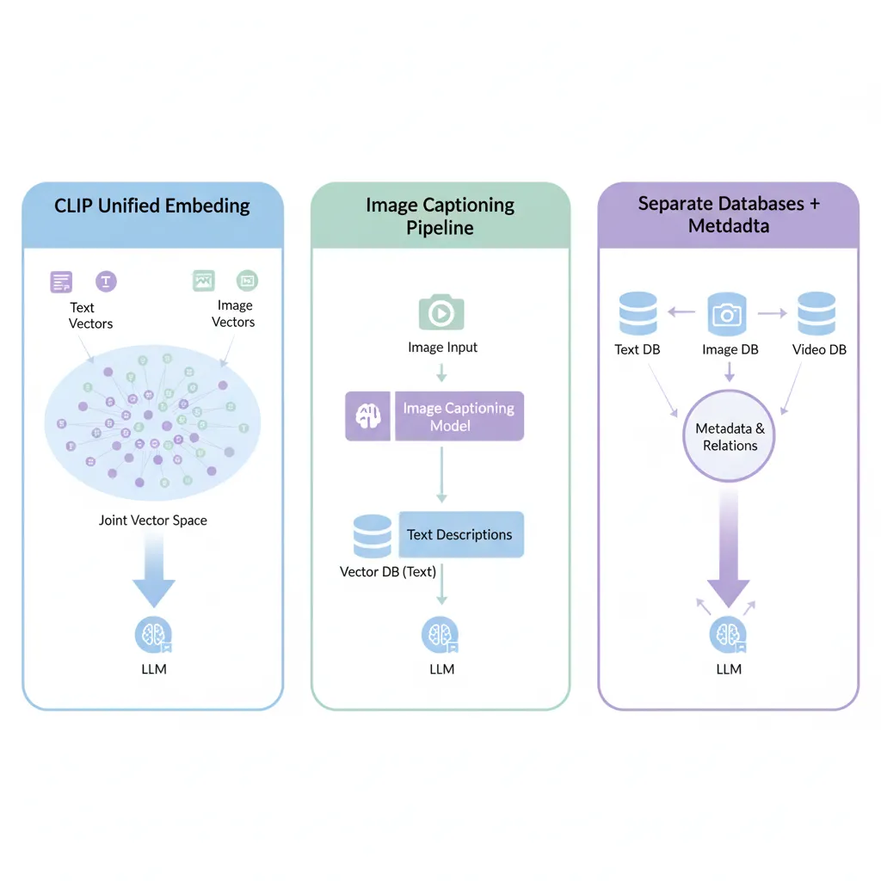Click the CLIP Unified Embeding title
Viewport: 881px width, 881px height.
pyautogui.click(x=152, y=206)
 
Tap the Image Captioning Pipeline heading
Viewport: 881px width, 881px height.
pyautogui.click(x=440, y=216)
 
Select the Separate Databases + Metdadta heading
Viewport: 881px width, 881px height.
pyautogui.click(x=729, y=214)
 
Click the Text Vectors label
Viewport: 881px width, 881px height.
pyautogui.click(x=90, y=315)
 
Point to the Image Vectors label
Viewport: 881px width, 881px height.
pyautogui.click(x=233, y=314)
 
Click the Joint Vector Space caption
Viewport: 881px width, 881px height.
pyautogui.click(x=152, y=520)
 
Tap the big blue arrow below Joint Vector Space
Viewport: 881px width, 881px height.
pyautogui.click(x=153, y=572)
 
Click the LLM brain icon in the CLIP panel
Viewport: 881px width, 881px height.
pyautogui.click(x=153, y=636)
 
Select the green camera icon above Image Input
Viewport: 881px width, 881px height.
pyautogui.click(x=441, y=311)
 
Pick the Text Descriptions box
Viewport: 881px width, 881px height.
pyautogui.click(x=459, y=534)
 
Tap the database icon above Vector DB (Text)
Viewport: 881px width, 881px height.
pyautogui.click(x=373, y=536)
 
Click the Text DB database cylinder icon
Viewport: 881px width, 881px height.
pyautogui.click(x=638, y=314)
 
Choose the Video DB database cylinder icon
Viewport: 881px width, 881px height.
pyautogui.click(x=816, y=314)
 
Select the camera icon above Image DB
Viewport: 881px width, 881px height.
pyautogui.click(x=728, y=314)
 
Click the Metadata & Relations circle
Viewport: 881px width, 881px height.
pyautogui.click(x=730, y=437)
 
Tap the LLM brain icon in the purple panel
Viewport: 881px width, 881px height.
pyautogui.click(x=728, y=636)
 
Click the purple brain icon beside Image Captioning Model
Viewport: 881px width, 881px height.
pyautogui.click(x=369, y=417)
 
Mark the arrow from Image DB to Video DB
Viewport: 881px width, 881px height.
pyautogui.click(x=772, y=314)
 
